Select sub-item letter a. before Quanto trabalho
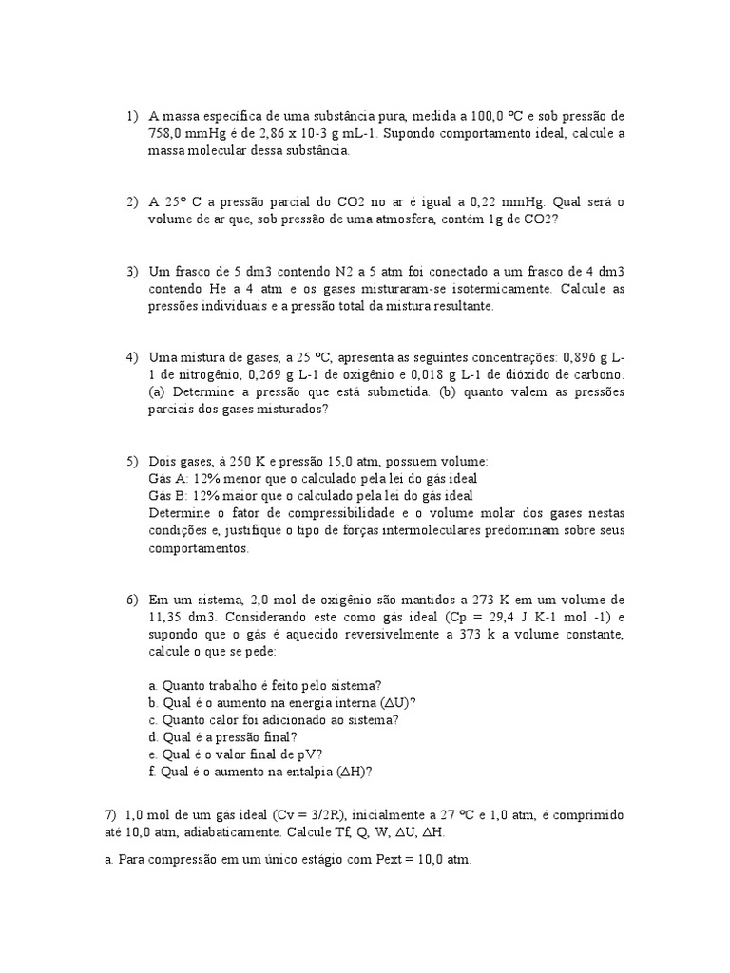point(154,685)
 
